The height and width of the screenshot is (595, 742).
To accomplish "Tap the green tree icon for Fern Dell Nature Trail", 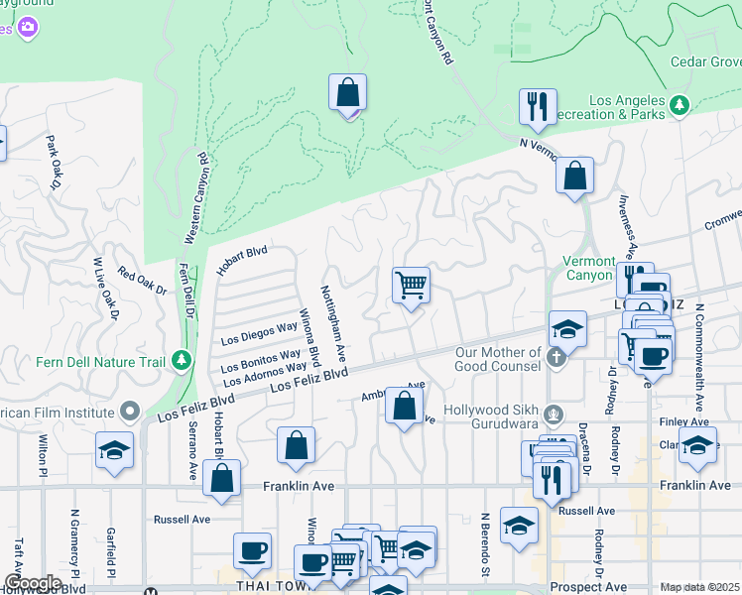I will tap(180, 360).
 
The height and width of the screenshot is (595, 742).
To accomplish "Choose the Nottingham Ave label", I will tap(332, 323).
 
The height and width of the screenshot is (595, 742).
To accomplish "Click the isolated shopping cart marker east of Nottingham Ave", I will tap(411, 286).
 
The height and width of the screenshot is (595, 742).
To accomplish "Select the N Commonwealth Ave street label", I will tap(700, 356).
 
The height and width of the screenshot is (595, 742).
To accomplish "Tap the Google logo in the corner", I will tap(32, 583).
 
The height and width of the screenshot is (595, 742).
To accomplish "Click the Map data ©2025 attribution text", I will tap(699, 587).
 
